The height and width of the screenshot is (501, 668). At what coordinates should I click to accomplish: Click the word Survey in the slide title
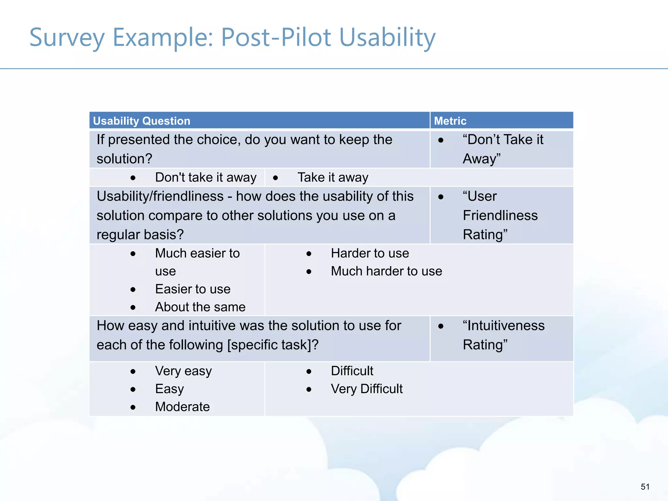pos(67,38)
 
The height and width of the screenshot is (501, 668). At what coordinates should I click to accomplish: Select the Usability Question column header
pos(142,121)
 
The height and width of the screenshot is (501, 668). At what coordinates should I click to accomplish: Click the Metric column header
pos(450,121)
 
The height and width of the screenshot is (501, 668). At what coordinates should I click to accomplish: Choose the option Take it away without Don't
pos(333,177)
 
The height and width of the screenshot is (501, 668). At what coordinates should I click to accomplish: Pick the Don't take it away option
pos(205,177)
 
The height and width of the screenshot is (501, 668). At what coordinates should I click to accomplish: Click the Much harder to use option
pos(386,271)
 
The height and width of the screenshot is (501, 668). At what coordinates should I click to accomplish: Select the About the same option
pos(200,307)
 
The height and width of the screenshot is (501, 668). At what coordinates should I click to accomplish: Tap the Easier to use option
pos(192,289)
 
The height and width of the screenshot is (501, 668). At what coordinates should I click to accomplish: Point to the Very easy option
pos(183,371)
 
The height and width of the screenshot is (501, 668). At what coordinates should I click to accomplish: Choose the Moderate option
pos(182,407)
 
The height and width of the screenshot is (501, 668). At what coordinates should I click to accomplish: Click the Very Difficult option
pos(367,389)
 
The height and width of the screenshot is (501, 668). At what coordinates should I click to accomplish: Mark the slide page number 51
pos(645,487)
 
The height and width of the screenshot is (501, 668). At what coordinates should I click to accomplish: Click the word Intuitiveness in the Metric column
pos(504,326)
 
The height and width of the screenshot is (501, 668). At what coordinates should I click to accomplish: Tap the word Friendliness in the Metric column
pos(500,215)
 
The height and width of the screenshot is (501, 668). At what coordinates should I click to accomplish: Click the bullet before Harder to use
pos(309,254)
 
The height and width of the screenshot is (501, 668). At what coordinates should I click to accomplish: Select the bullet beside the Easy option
pos(133,389)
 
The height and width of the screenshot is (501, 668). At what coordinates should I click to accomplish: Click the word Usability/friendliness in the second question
pos(160,196)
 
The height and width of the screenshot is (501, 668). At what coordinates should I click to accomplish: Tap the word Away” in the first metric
pos(481,159)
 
